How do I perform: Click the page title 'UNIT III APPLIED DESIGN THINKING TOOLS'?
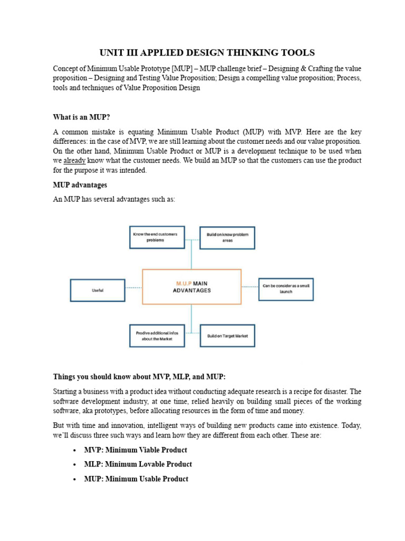[207, 52]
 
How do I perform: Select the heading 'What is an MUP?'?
[81, 117]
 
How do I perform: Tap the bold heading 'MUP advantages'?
[80, 185]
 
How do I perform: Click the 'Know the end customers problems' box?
[157, 237]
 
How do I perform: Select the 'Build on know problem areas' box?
[227, 237]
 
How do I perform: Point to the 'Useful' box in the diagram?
[98, 290]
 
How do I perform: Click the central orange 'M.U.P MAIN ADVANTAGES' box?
[191, 287]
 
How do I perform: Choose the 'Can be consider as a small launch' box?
[286, 288]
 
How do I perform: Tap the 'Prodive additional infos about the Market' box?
[157, 335]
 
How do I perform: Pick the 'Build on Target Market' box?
[227, 335]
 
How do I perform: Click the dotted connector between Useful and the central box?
[133, 288]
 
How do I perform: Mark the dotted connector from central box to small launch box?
[250, 288]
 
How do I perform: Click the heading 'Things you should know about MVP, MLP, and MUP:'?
[139, 377]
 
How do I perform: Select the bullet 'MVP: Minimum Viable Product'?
[135, 450]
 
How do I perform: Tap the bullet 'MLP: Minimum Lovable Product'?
[138, 464]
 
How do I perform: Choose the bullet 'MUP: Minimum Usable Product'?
[136, 479]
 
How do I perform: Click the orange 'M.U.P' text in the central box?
[184, 284]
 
